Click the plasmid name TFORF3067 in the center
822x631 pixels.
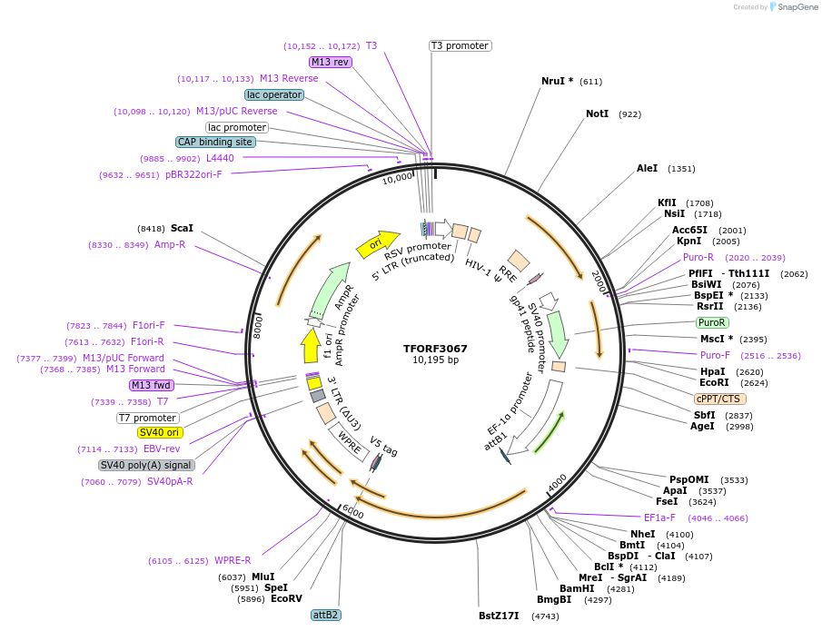click(435, 348)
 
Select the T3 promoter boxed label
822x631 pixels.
click(460, 45)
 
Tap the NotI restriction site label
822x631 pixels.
click(597, 114)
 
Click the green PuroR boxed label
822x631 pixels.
click(712, 322)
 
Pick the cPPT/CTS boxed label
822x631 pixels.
click(720, 399)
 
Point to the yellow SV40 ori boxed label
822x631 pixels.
click(160, 432)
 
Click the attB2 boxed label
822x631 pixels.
click(326, 615)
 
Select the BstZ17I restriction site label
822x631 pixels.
click(499, 616)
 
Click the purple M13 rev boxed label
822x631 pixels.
click(330, 62)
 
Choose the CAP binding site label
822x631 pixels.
click(215, 142)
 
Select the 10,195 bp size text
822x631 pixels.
click(435, 360)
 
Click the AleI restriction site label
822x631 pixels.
click(647, 169)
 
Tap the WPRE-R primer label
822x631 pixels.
click(233, 560)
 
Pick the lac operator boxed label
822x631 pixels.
click(274, 94)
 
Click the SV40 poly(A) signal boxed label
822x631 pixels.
click(146, 465)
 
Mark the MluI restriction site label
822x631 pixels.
click(262, 577)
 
